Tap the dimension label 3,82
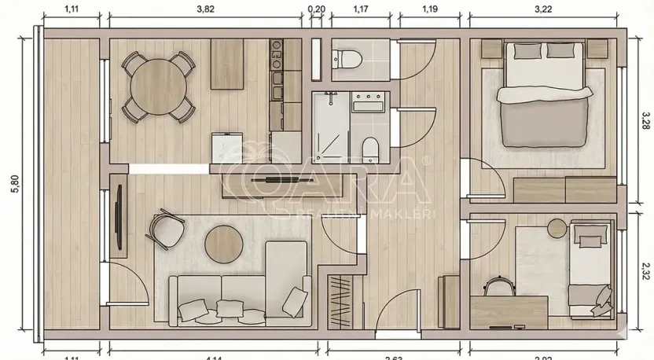(x=205, y=9)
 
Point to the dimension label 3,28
(x=643, y=120)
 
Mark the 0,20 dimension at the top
(x=317, y=9)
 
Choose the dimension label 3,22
(x=543, y=9)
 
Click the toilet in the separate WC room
(x=346, y=58)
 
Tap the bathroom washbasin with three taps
(x=366, y=103)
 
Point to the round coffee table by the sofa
(x=223, y=244)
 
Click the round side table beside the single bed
(x=557, y=228)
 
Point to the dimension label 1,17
(x=361, y=9)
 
